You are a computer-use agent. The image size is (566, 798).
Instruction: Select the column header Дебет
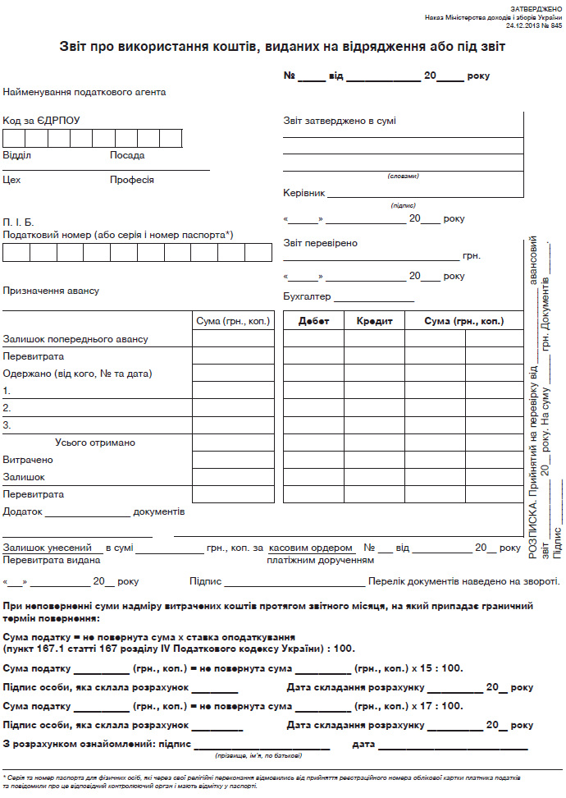313,321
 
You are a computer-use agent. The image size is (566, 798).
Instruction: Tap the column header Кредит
374,321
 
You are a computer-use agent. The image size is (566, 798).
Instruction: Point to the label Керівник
304,193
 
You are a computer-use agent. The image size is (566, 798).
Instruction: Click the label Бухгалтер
307,296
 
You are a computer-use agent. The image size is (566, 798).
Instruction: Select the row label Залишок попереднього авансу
75,339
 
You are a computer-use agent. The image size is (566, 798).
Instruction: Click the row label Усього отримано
95,443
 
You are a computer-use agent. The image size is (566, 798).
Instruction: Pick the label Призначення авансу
51,291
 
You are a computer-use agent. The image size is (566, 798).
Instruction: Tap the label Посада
127,155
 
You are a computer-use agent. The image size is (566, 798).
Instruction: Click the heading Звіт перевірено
320,243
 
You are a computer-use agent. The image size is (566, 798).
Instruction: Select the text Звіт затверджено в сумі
340,121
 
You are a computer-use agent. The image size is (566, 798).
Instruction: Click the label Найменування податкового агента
84,92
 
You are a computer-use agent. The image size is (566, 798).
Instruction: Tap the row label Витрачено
27,460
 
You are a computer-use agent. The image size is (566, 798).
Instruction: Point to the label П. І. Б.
18,222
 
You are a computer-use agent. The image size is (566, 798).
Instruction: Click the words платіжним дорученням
320,560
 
